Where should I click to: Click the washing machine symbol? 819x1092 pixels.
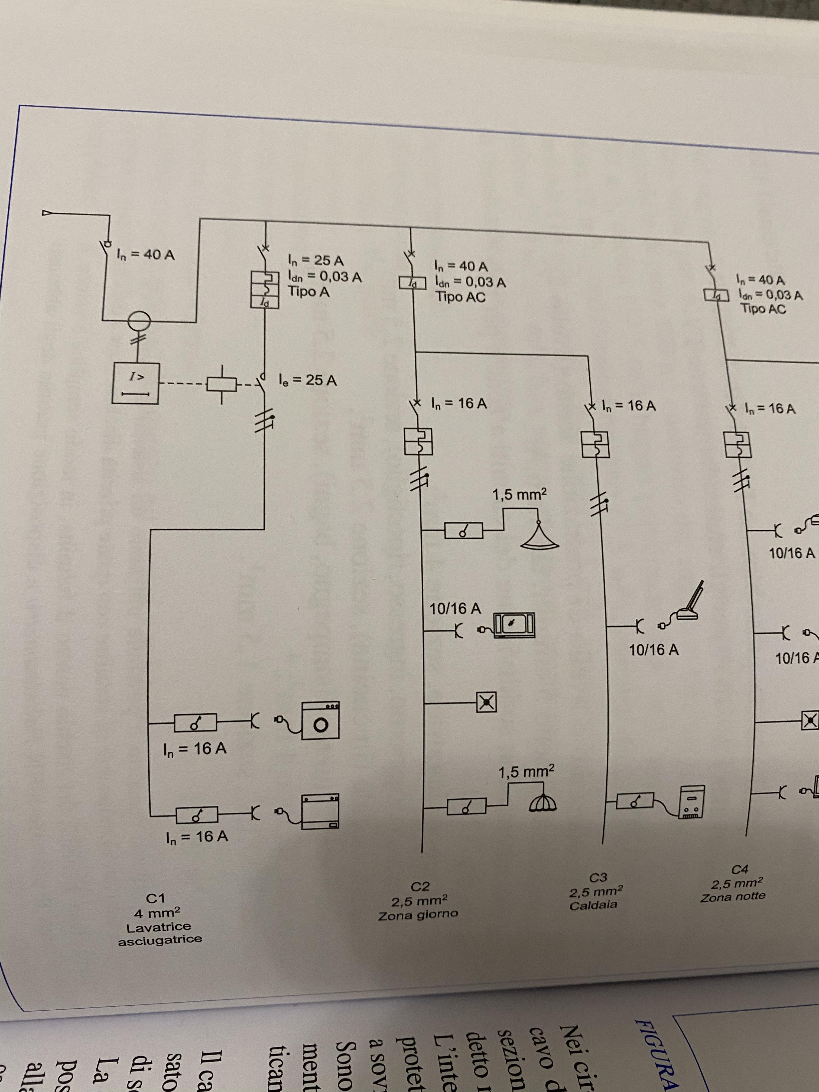[320, 721]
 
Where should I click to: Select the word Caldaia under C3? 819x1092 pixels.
[593, 905]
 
